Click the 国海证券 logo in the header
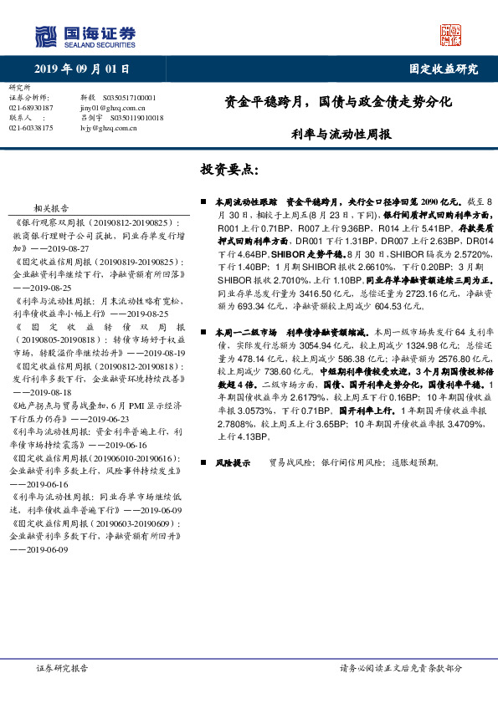[x=85, y=35]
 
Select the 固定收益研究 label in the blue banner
[x=443, y=69]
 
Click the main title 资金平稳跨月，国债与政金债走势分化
[x=338, y=104]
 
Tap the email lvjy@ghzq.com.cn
[x=108, y=128]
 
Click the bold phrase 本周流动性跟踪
[x=243, y=202]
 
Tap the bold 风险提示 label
[x=231, y=462]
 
